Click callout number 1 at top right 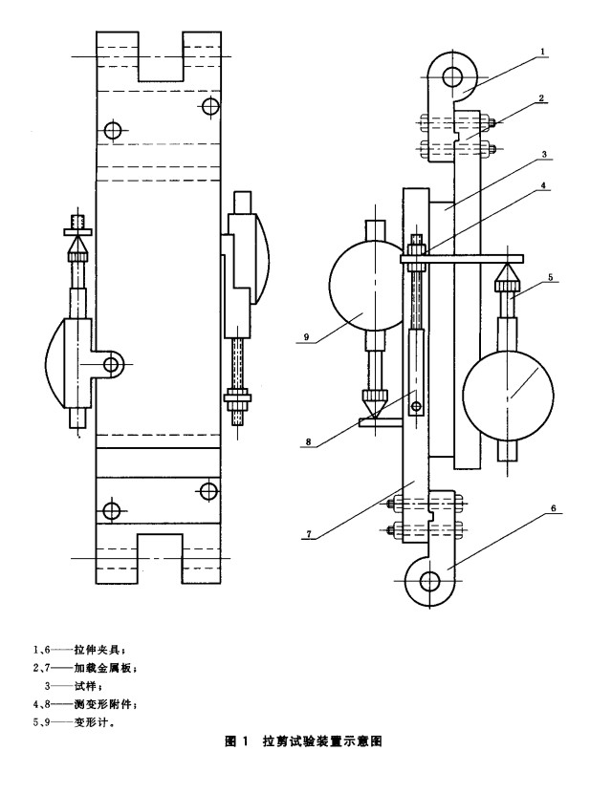point(542,52)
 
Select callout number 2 point(541,98)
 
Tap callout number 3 point(544,154)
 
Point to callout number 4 point(543,185)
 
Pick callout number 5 point(551,277)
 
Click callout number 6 point(554,508)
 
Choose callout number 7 point(308,534)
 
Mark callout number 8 point(308,442)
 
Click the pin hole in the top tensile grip point(452,77)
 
